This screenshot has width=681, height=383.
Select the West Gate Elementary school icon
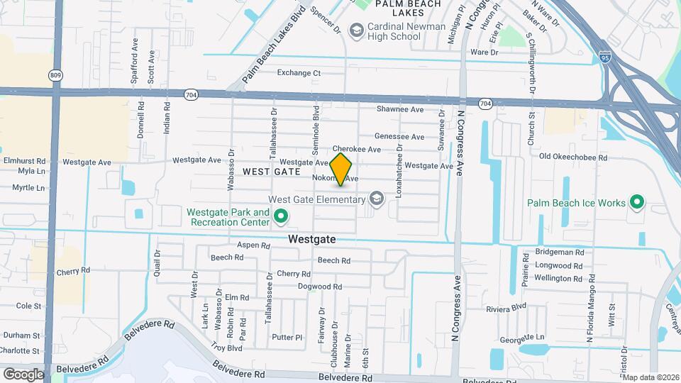(x=375, y=199)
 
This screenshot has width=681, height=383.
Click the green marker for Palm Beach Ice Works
(x=637, y=203)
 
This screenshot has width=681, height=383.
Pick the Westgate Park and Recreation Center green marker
(x=281, y=217)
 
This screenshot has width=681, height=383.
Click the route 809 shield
(x=55, y=74)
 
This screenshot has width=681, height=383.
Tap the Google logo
(x=23, y=374)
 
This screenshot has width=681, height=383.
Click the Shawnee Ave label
(x=400, y=109)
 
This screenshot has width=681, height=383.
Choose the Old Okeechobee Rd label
(x=573, y=157)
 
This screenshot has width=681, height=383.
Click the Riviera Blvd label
(x=506, y=308)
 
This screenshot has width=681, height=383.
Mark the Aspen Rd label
(x=254, y=245)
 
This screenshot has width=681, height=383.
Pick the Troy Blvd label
(x=227, y=348)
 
